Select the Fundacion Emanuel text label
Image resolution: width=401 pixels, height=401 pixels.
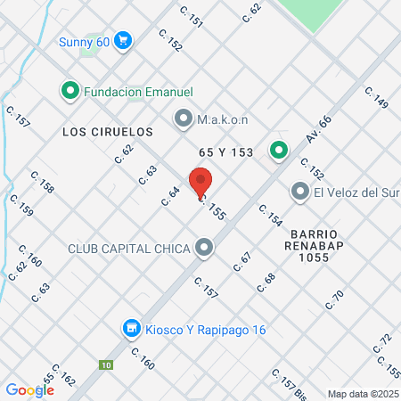[x=138, y=90]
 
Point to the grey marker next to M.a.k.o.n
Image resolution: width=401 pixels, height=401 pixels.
[x=184, y=117]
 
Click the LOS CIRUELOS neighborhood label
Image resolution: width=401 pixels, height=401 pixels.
[x=108, y=131]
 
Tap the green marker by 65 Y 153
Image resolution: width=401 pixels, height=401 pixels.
[x=279, y=151]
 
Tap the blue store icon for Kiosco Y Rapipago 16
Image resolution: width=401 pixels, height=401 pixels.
[x=132, y=330]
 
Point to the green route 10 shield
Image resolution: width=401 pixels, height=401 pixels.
[x=106, y=364]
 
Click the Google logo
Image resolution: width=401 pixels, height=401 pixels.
[x=29, y=389]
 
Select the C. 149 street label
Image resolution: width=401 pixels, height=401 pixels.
[x=377, y=98]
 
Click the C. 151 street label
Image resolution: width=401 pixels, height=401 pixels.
[x=191, y=15]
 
